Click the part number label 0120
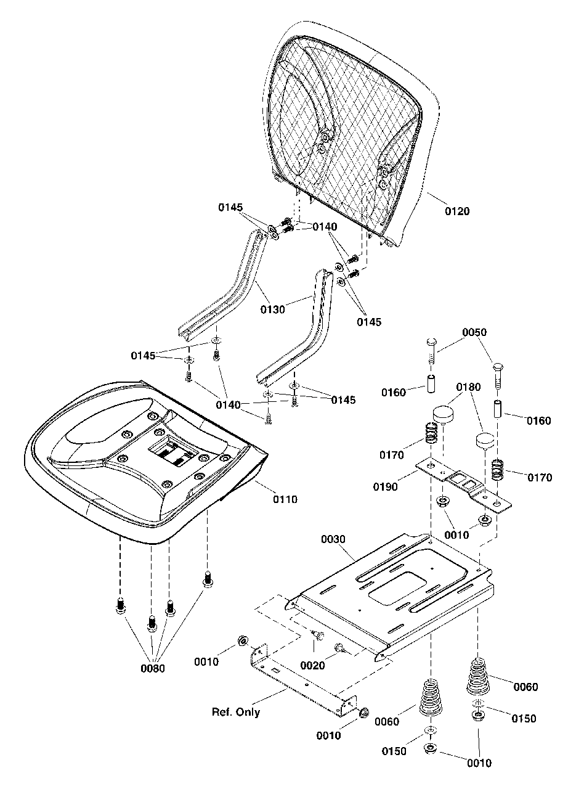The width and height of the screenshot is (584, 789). coord(457,211)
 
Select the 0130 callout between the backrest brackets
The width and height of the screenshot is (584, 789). coord(272,309)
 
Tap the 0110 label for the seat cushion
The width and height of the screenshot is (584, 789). coord(285,499)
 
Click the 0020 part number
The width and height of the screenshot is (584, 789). coord(313,666)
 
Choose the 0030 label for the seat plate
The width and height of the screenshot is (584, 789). coord(334,539)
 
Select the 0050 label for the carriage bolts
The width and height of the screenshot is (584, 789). coord(474,332)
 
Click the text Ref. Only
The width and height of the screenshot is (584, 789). coord(236,713)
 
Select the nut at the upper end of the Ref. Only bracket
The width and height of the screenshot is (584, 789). coord(242,642)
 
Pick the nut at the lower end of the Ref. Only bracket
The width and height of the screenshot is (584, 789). coord(363,713)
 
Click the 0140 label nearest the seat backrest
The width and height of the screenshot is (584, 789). coord(325,227)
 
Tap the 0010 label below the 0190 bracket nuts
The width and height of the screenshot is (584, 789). coord(457,535)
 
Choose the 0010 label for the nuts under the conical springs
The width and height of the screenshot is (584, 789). coord(479,763)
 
